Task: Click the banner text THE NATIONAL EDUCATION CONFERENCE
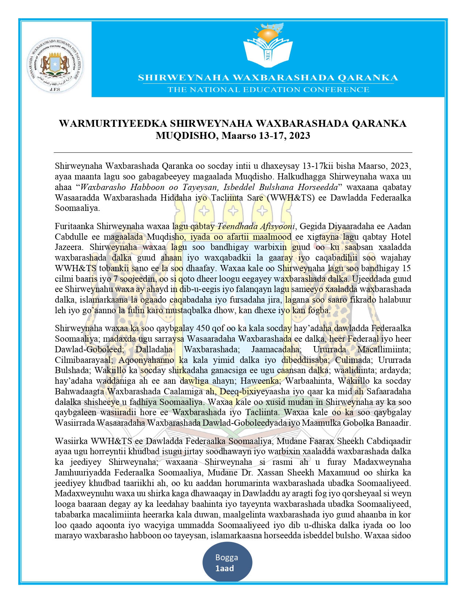point(268,90)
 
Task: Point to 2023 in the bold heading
point(299,136)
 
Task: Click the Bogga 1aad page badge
point(227,563)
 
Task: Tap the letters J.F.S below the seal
point(54,89)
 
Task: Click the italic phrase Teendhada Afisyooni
point(256,226)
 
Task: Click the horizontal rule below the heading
point(233,152)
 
